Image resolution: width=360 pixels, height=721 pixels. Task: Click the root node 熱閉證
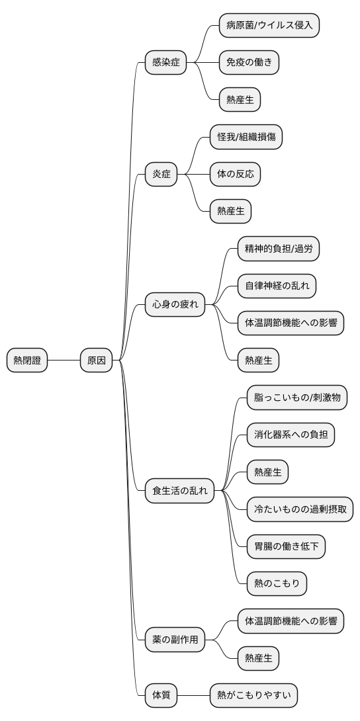coord(27,360)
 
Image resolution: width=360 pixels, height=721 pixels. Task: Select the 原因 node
coord(96,360)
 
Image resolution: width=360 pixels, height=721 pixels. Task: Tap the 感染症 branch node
coord(165,63)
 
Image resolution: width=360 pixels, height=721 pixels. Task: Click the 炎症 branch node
coord(161,175)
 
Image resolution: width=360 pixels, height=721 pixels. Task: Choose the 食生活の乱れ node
coord(180,491)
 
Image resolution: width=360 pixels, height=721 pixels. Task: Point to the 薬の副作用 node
coord(175,640)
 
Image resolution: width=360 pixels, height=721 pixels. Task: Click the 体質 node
coord(161,695)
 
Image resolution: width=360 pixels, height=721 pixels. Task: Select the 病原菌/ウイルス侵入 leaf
coord(269,26)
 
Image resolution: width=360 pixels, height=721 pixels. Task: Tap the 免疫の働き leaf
coord(249,63)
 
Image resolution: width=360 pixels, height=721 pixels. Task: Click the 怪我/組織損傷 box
coord(246,138)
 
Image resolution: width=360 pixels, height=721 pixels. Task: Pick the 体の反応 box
coord(235,175)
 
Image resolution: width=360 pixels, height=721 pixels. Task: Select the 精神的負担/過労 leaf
coord(283,249)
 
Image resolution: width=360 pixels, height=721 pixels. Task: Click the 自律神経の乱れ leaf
coord(277,286)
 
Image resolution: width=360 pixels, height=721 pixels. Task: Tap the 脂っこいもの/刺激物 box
coord(296,398)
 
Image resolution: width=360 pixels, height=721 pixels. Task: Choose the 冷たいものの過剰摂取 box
coord(300,509)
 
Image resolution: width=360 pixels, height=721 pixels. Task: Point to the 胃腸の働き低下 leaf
coord(286,546)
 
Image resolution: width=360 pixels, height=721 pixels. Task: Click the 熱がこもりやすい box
coord(253,695)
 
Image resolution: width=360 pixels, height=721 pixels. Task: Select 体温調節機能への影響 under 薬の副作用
coord(291,621)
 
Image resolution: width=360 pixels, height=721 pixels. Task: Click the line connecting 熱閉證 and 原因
coord(64,360)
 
